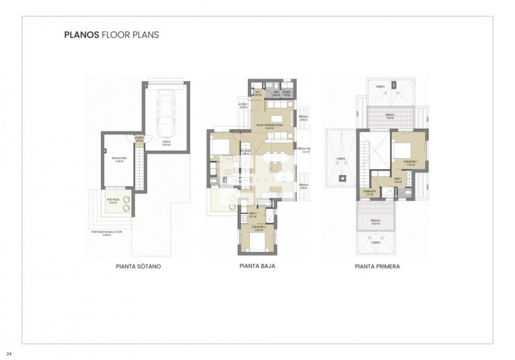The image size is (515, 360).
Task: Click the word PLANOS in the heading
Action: coord(81,33)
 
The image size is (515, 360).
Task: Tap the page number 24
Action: coord(9,353)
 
